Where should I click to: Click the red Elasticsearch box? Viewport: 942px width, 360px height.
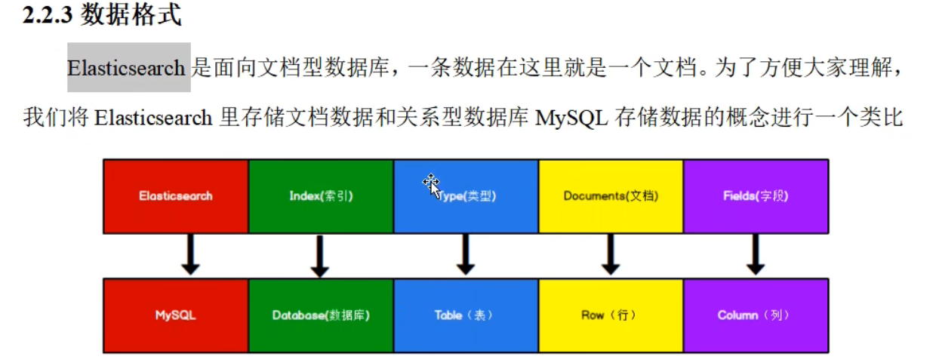coord(176,196)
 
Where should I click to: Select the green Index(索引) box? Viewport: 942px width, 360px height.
coord(321,196)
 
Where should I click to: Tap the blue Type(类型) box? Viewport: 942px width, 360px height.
coord(466,196)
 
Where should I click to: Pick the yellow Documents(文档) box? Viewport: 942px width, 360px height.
coord(611,196)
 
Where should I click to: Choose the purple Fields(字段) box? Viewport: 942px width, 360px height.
coord(756,196)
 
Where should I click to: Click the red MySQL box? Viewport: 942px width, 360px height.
coord(176,315)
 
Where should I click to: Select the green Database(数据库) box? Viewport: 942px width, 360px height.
coord(321,315)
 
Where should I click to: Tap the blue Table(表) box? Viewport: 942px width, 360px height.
coord(466,315)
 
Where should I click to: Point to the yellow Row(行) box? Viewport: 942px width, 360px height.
coord(611,315)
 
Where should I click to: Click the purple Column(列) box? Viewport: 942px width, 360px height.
coord(756,315)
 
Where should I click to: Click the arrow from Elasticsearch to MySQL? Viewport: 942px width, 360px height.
coord(190,255)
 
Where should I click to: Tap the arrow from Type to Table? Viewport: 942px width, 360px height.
coord(466,255)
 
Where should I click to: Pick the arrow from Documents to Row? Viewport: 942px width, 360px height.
coord(610,255)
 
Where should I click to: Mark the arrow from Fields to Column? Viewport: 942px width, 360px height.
coord(756,255)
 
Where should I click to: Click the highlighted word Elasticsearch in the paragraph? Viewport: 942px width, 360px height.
coord(126,68)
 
